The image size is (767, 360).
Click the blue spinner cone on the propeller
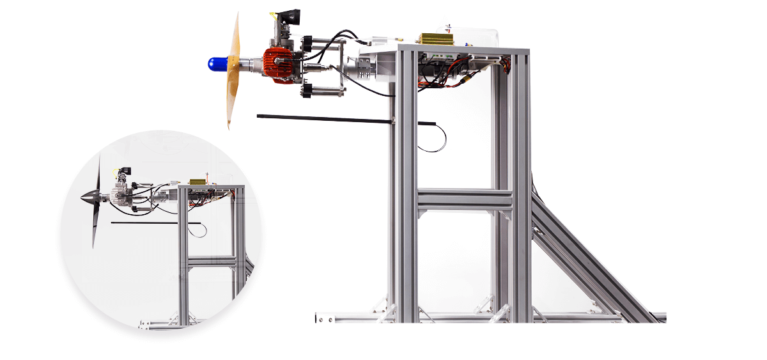coord(218,64)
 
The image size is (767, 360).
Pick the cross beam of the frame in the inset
coord(211,262)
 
